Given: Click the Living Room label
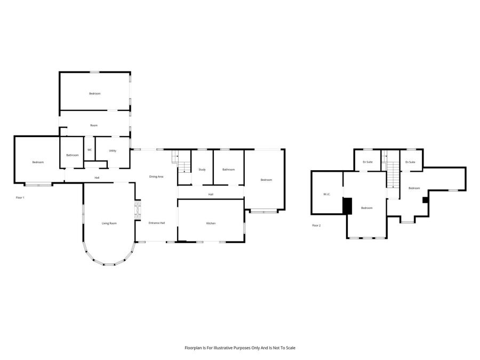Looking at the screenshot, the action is coord(109,223).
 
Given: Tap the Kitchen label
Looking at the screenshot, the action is coord(211,223).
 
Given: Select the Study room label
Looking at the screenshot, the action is coord(202,170).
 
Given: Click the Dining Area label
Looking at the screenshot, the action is coord(156,177).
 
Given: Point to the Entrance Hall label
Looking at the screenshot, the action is coord(157,223).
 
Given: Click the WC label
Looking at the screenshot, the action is coord(90,150).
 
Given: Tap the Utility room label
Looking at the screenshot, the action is coord(113,150).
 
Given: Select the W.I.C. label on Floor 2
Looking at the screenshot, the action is coord(326,194).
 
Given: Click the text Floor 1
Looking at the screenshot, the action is coord(20,198).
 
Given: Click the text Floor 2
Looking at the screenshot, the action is coord(316,226).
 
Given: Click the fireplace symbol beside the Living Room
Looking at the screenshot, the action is coord(138,210).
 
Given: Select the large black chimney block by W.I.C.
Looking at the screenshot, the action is coord(347,206).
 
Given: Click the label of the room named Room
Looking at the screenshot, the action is coord(94,125).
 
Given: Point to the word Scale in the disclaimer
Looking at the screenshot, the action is coord(290,348).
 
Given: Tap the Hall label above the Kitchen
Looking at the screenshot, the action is coord(211,194).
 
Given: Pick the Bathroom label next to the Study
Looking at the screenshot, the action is coord(228,170).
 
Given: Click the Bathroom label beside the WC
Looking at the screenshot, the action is coord(73,155).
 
